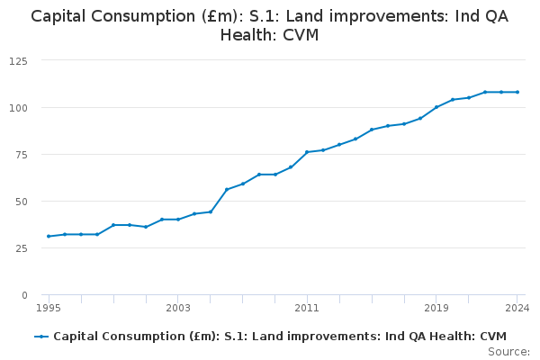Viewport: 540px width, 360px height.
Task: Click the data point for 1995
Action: click(49, 237)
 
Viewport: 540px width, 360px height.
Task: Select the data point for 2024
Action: click(517, 92)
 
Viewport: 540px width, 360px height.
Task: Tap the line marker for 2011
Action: click(307, 152)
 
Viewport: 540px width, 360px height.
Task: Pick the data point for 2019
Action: click(436, 107)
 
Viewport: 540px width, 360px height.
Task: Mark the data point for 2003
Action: click(178, 220)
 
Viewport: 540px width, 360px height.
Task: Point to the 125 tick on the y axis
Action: click(18, 61)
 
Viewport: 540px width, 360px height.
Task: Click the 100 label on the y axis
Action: click(18, 108)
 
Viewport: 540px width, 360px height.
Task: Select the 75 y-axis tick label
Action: click(21, 155)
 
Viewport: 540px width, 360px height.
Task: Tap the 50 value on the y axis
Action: click(21, 202)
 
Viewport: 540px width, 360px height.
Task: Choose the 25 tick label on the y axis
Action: click(21, 248)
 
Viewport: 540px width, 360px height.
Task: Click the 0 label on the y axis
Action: click(24, 295)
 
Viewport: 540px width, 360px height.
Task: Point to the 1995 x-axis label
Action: click(49, 308)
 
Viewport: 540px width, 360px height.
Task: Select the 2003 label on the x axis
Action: click(178, 308)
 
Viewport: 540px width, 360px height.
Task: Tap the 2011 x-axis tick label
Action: click(307, 308)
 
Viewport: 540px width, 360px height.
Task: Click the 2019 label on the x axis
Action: click(436, 308)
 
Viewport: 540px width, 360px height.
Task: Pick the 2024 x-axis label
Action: click(517, 308)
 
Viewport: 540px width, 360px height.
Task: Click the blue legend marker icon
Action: click(41, 337)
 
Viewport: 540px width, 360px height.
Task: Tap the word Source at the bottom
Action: click(508, 352)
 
